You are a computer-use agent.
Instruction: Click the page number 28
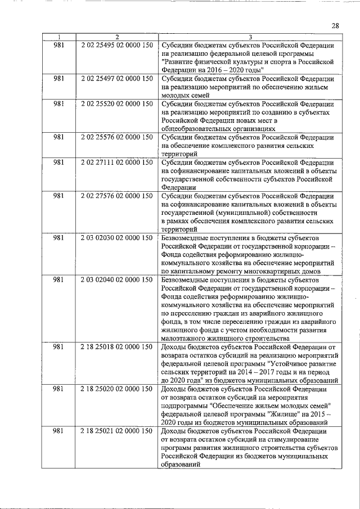tap(335, 26)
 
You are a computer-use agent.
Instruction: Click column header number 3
tap(250, 37)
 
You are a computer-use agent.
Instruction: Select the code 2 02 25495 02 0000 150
tap(116, 45)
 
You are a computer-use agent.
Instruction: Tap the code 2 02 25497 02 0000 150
tap(116, 79)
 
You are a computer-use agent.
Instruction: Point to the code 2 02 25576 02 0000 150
tap(116, 137)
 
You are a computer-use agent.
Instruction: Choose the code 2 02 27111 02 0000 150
tap(116, 163)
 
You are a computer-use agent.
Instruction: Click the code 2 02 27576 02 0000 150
tap(116, 196)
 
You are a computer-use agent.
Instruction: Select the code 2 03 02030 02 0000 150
tap(116, 238)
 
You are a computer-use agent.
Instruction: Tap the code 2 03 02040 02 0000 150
tap(116, 280)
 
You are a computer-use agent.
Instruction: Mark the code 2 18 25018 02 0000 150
tap(116, 347)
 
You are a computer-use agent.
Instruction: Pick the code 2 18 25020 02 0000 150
tap(116, 389)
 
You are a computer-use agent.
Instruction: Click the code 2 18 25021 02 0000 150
tap(116, 431)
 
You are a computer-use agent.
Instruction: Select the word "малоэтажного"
tap(184, 339)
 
